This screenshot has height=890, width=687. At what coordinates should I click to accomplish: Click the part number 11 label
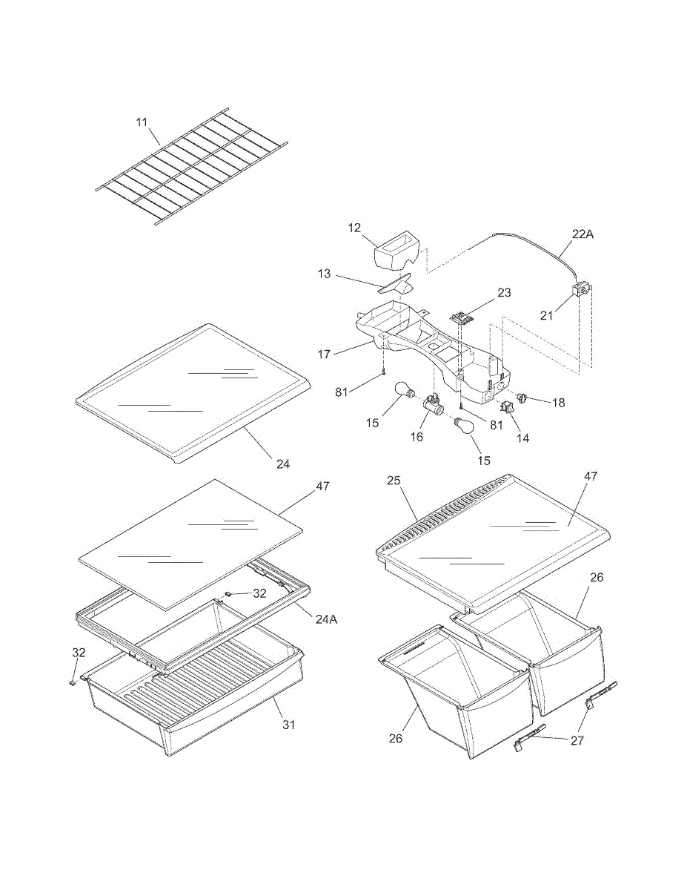click(x=142, y=121)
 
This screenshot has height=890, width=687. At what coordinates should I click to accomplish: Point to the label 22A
click(x=583, y=234)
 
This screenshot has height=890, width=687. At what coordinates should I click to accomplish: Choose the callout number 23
click(x=504, y=293)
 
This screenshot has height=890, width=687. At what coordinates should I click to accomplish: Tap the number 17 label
click(x=324, y=355)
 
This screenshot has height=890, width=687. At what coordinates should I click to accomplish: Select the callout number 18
click(x=558, y=402)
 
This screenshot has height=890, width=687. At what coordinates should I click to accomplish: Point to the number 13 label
click(x=324, y=274)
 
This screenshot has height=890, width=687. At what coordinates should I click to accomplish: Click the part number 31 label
click(x=288, y=725)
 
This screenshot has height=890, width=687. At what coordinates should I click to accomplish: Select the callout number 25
click(x=394, y=481)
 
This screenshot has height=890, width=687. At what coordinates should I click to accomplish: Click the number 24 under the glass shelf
click(x=283, y=464)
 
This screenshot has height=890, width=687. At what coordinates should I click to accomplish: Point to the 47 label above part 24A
click(x=322, y=487)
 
